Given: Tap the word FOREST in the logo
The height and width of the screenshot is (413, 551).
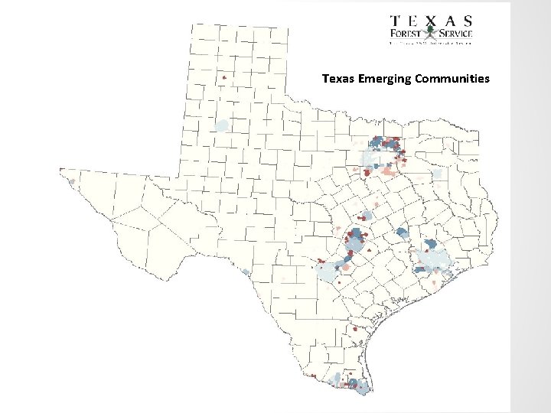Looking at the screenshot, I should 406,33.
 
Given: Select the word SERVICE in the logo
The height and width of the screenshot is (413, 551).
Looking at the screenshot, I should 455,33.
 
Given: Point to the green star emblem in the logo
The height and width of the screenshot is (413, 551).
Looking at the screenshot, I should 430,32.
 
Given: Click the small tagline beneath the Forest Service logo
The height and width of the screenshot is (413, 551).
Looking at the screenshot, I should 431,44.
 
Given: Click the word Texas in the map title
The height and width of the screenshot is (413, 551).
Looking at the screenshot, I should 337,79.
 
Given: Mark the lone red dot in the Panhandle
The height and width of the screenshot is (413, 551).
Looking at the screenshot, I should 223,77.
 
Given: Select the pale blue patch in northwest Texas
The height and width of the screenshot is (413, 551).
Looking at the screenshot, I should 221,125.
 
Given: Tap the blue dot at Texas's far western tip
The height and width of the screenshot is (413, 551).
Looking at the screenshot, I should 71,182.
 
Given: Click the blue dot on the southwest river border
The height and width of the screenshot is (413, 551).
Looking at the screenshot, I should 245,271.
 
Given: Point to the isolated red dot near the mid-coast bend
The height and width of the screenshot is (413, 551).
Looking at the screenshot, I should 354,329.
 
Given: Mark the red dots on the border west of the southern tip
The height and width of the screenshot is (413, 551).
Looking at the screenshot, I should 313,376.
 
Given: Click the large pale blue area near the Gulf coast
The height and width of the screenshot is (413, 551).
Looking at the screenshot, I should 432,264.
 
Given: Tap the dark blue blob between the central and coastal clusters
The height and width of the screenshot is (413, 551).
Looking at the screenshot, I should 401,233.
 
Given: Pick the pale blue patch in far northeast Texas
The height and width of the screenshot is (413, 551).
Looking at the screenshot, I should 438,174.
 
